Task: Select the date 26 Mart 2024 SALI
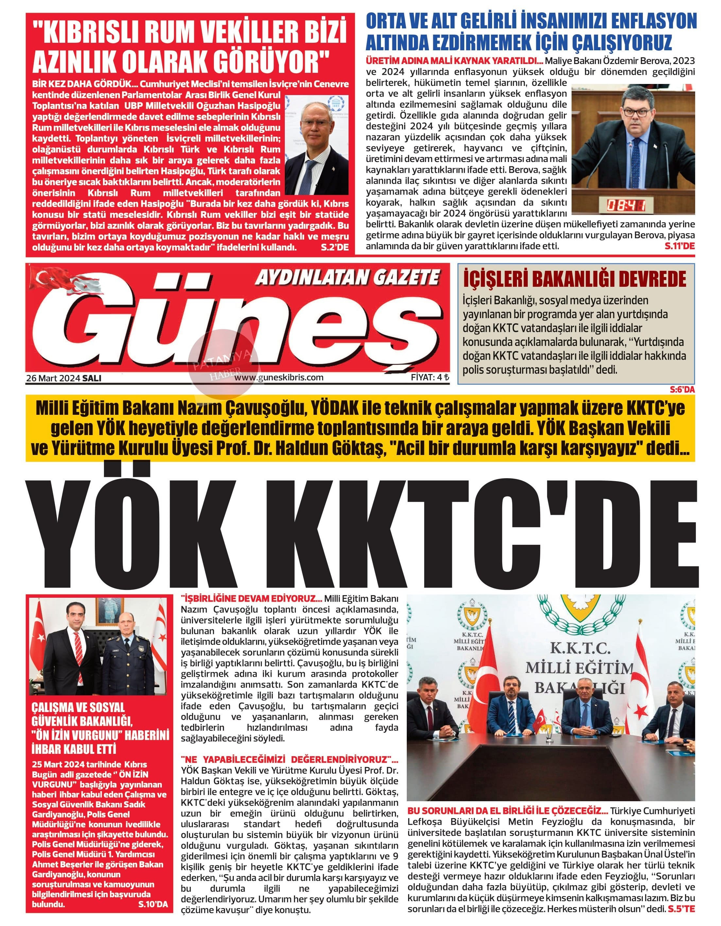point(64,378)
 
